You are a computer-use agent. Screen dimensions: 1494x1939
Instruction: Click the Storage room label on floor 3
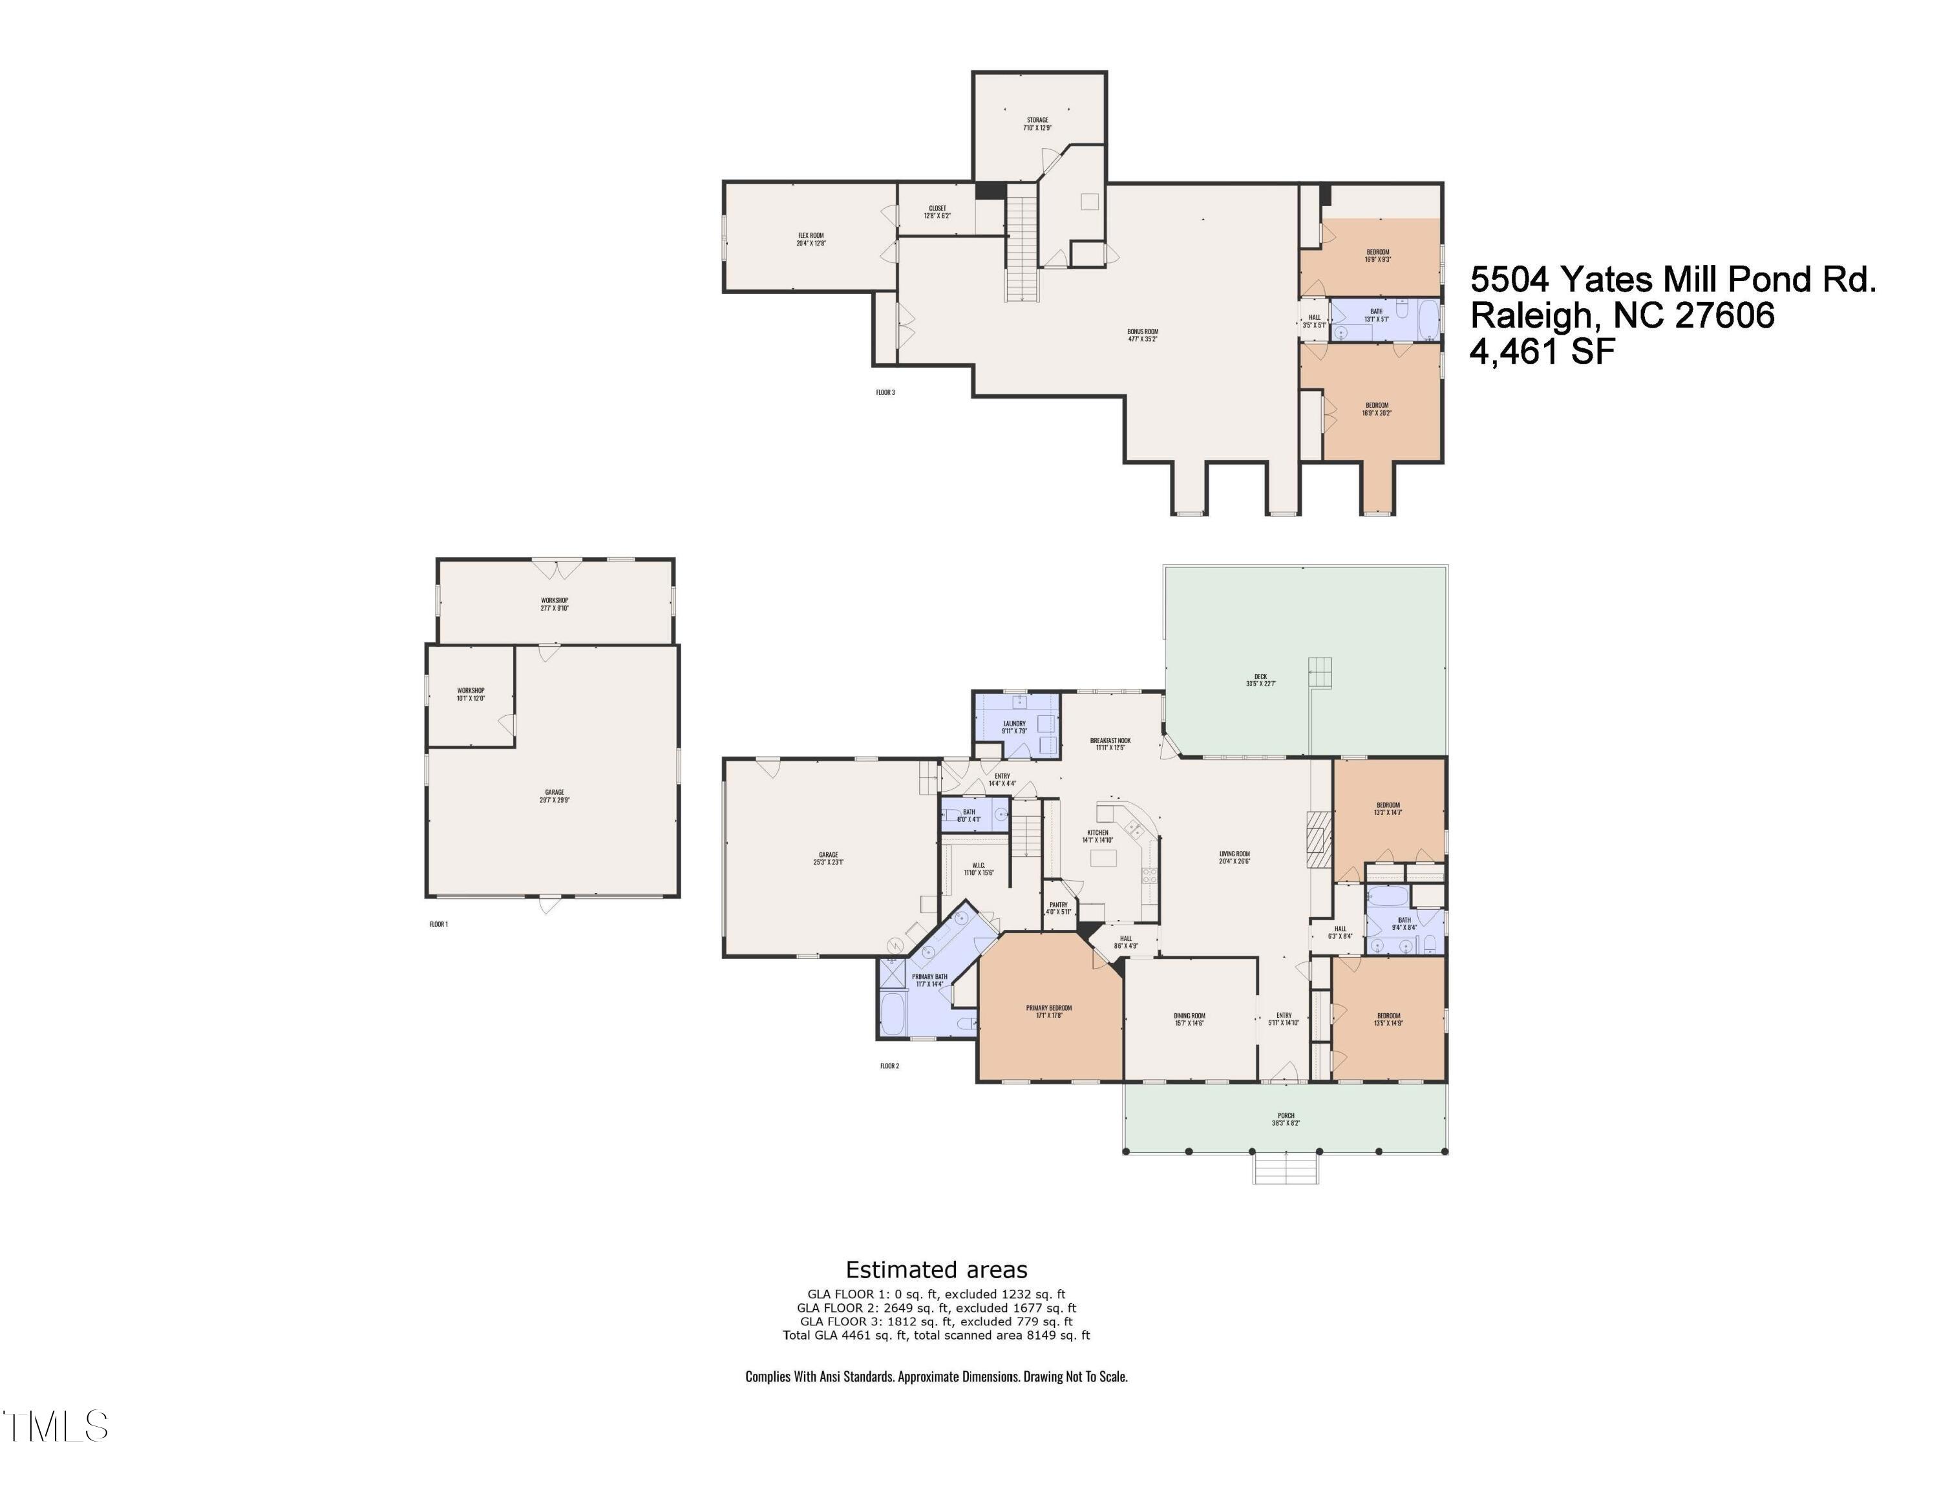[1037, 123]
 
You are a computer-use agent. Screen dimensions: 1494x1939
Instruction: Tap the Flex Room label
[811, 239]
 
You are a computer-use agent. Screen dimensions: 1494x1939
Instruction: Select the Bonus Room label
[1143, 335]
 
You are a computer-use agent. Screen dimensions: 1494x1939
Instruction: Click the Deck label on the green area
[1261, 680]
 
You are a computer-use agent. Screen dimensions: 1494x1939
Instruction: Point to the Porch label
[1286, 1119]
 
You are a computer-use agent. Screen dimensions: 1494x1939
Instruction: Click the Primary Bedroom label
[1048, 1011]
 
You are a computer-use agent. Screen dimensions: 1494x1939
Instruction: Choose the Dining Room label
[1189, 1019]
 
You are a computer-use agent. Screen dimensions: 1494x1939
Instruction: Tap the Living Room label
[1234, 857]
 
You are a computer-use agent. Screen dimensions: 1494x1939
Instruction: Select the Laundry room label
[1014, 727]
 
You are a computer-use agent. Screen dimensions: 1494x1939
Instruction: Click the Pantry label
[1058, 908]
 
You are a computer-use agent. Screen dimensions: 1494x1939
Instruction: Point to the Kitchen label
[1097, 836]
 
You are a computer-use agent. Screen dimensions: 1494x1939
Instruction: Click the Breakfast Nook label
[1110, 743]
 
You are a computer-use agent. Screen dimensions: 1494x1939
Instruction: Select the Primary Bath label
[929, 979]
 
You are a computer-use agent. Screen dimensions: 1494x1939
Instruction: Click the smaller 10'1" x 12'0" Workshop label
[471, 693]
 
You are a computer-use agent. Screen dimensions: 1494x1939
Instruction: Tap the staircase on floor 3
[1022, 249]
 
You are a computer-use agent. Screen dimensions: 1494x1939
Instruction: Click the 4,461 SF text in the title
[1542, 352]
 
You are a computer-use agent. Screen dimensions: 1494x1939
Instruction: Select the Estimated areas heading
[936, 1268]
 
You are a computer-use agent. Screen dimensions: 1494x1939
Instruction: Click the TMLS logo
[55, 1426]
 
